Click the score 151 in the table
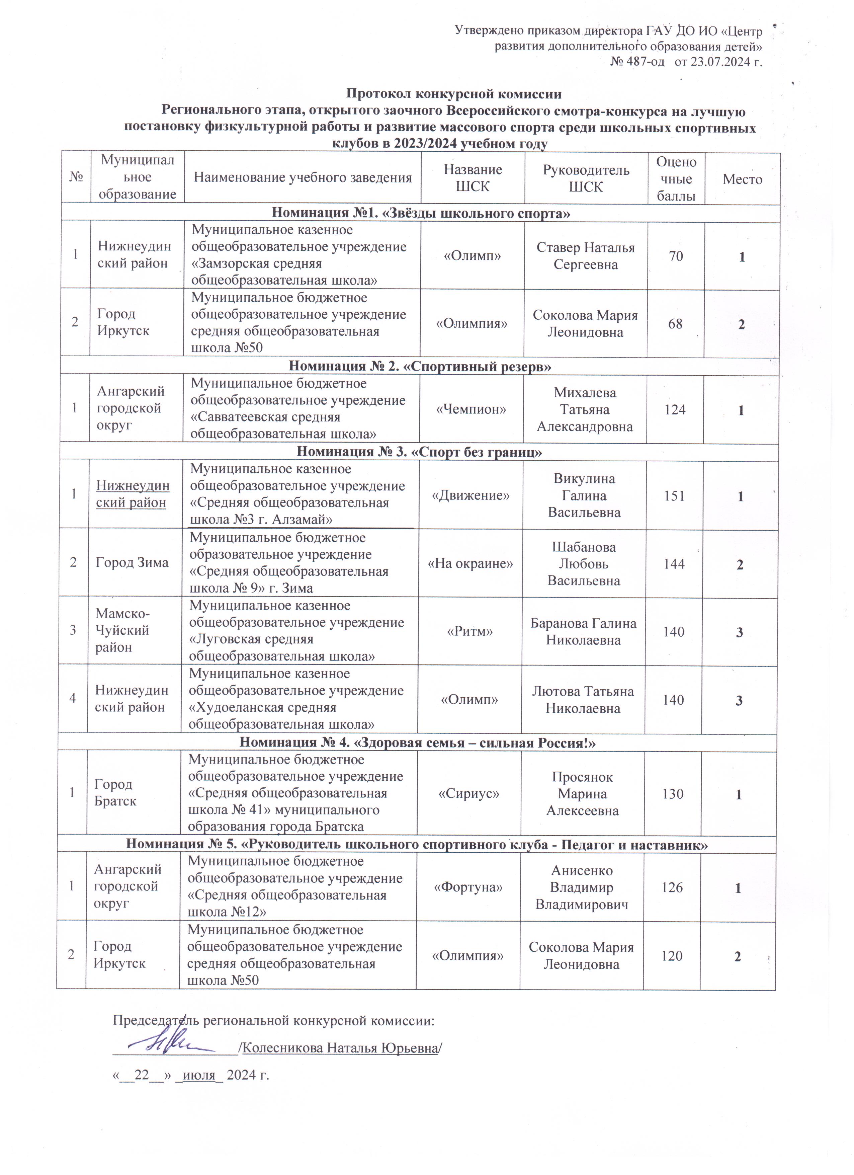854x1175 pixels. (674, 496)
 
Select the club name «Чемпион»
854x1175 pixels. (471, 409)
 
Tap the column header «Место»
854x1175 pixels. (742, 179)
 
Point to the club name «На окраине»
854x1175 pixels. (470, 564)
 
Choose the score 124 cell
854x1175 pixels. (675, 410)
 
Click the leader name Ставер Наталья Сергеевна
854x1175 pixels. (585, 256)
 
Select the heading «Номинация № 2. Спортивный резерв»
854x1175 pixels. (420, 366)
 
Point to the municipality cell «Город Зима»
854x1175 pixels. (132, 563)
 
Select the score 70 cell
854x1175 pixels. (676, 256)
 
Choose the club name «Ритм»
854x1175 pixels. (469, 632)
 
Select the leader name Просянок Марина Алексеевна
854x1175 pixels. (582, 794)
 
